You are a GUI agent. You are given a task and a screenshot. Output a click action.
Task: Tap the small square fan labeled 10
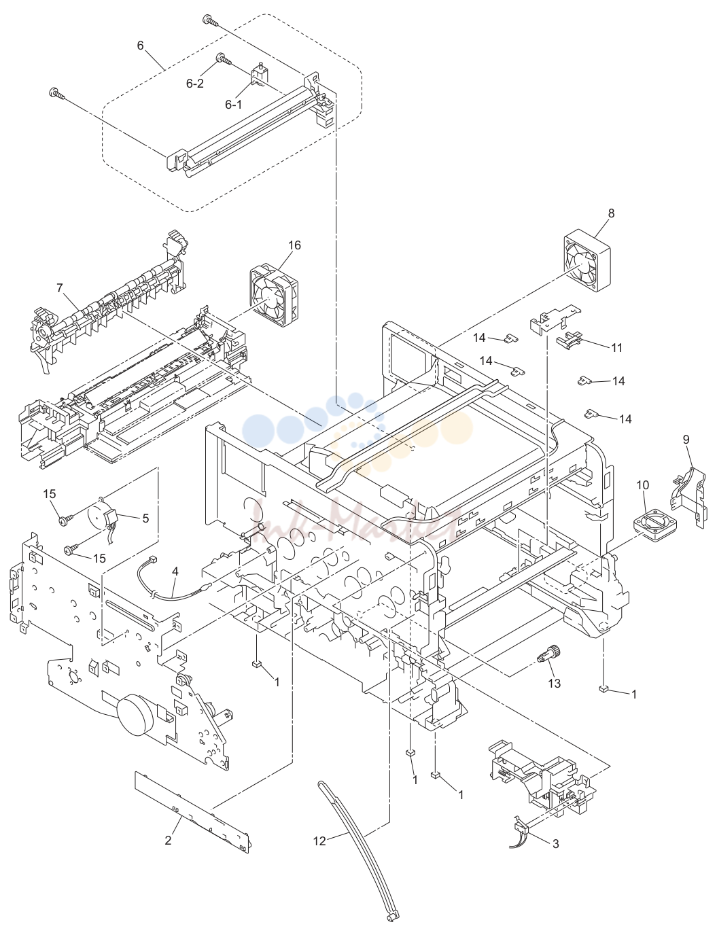tap(655, 524)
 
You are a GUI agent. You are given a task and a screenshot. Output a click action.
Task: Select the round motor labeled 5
tap(106, 518)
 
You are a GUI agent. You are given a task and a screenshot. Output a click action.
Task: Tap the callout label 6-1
tap(233, 104)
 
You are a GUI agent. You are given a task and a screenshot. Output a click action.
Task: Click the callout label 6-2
tap(194, 84)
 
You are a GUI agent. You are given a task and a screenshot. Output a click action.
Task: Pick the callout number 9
tap(686, 440)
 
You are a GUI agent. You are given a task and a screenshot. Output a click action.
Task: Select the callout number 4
tap(175, 571)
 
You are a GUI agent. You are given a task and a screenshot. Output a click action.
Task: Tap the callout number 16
tap(294, 245)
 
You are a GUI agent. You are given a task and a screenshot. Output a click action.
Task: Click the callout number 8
tap(611, 213)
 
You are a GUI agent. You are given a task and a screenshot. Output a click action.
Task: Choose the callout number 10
tap(642, 485)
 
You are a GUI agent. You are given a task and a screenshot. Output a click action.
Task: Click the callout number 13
tap(555, 683)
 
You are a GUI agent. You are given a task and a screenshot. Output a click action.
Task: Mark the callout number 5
tap(145, 518)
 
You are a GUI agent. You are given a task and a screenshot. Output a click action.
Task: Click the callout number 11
tap(616, 348)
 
